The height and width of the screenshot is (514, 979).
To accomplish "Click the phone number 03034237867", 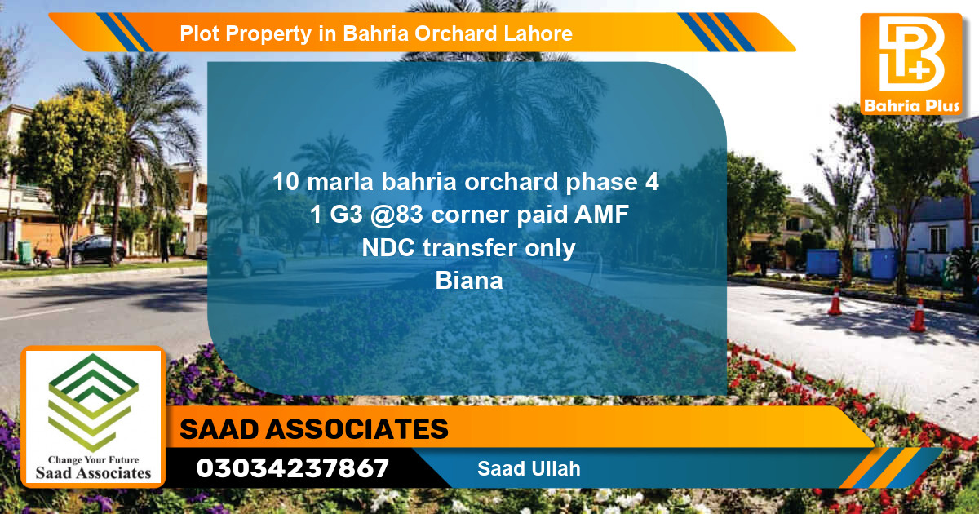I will click(293, 469).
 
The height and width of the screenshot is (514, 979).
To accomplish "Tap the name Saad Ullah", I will click(529, 469).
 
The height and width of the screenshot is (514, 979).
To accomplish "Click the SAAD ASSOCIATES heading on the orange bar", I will click(314, 429).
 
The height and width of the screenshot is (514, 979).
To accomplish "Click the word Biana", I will click(469, 281).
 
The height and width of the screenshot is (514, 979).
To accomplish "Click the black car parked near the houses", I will click(92, 249).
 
